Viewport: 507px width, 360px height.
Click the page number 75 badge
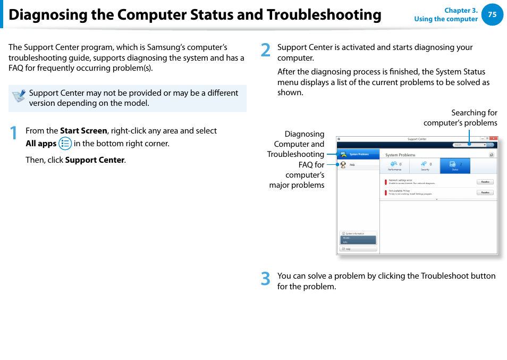[492, 15]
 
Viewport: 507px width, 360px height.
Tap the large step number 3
[266, 279]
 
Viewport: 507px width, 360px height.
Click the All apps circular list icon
[65, 144]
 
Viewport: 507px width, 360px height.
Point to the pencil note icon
[19, 96]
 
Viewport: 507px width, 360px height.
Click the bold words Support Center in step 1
[95, 160]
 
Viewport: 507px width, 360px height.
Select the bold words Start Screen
[83, 131]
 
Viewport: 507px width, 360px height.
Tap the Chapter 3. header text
[461, 11]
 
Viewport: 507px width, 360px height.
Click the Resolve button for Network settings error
[485, 182]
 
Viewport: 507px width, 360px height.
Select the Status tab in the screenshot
[455, 166]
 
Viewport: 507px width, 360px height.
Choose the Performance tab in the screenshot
[394, 166]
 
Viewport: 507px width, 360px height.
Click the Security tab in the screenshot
[425, 166]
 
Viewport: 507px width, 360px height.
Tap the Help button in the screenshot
[358, 249]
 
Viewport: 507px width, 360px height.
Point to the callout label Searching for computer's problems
[460, 118]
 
